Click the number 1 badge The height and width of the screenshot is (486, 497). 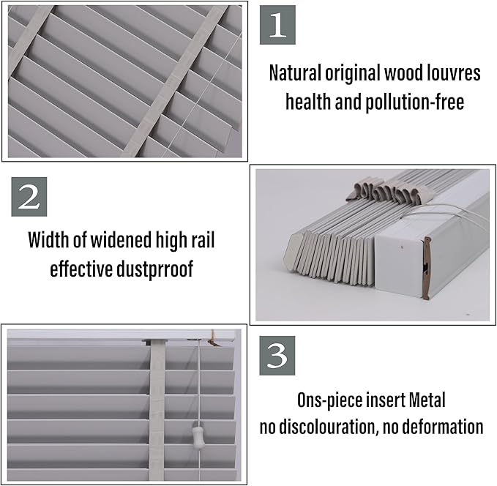[x=277, y=25]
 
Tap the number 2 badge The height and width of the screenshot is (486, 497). [x=29, y=198]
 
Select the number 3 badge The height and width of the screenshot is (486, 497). [x=277, y=356]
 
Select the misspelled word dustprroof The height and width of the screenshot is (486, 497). [x=154, y=269]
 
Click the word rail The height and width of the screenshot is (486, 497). [x=199, y=240]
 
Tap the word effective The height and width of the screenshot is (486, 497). [x=83, y=269]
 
